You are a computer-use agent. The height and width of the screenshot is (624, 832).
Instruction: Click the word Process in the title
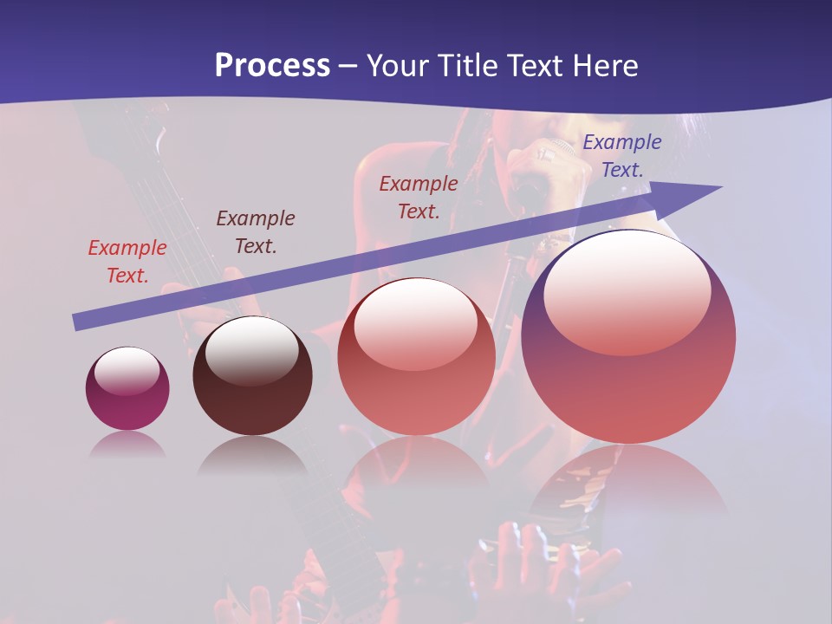(272, 66)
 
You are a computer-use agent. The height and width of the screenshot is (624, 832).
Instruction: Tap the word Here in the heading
(605, 66)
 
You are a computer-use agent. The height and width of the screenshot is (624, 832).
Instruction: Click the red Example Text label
(127, 262)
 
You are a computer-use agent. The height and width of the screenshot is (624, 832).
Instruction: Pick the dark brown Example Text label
(256, 231)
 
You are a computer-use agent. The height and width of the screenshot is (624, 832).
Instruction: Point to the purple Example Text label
(622, 156)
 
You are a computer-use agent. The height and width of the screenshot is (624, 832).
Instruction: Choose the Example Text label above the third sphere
(419, 197)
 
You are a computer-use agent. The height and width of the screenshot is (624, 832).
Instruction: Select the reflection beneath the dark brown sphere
(252, 455)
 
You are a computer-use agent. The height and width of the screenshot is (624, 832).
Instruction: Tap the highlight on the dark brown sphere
(251, 351)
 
